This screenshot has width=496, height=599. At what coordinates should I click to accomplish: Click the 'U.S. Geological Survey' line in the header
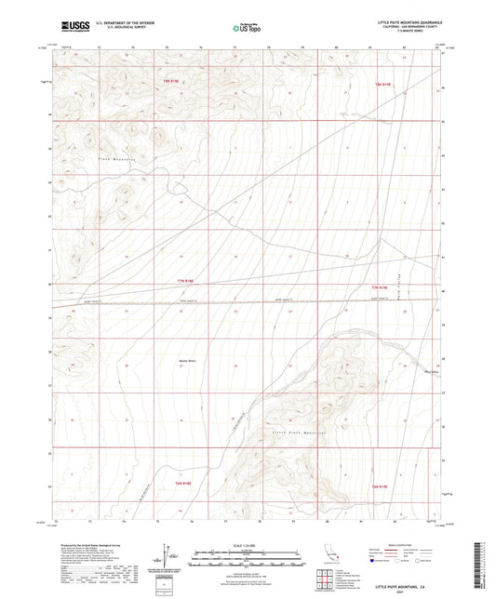tap(111, 29)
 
